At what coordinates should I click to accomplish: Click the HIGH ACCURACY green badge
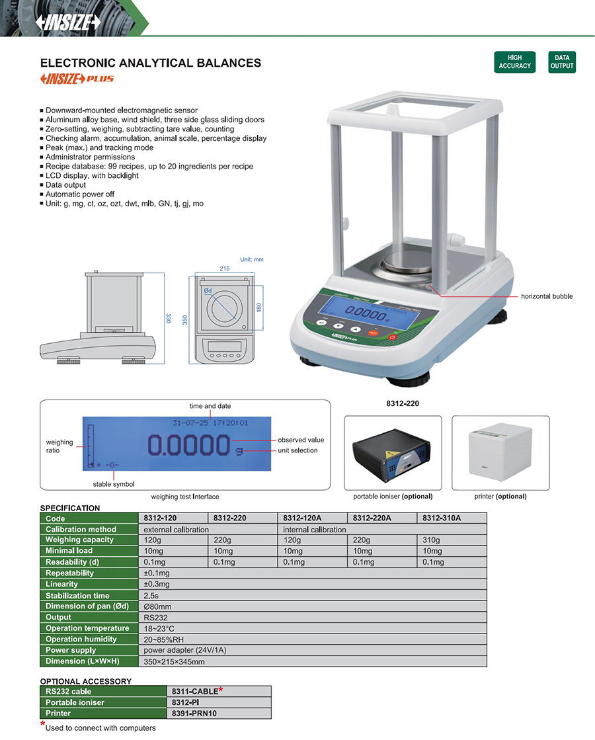click(515, 62)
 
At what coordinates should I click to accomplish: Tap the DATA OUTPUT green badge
click(562, 62)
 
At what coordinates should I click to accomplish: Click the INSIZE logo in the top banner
click(69, 22)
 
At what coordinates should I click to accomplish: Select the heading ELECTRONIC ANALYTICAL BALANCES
click(151, 63)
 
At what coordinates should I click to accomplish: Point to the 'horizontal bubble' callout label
click(547, 296)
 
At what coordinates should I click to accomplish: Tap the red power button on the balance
click(392, 337)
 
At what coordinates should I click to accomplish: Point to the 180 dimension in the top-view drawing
click(259, 308)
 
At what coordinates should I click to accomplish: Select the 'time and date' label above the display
click(210, 406)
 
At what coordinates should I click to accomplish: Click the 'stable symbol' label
click(114, 484)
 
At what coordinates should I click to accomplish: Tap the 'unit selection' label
click(297, 450)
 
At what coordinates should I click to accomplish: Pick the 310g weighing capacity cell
click(431, 540)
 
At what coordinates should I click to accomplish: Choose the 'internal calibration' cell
click(314, 529)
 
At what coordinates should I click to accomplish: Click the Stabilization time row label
click(78, 595)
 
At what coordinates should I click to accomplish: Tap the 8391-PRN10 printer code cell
click(194, 713)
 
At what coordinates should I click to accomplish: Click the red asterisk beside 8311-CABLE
click(220, 690)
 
